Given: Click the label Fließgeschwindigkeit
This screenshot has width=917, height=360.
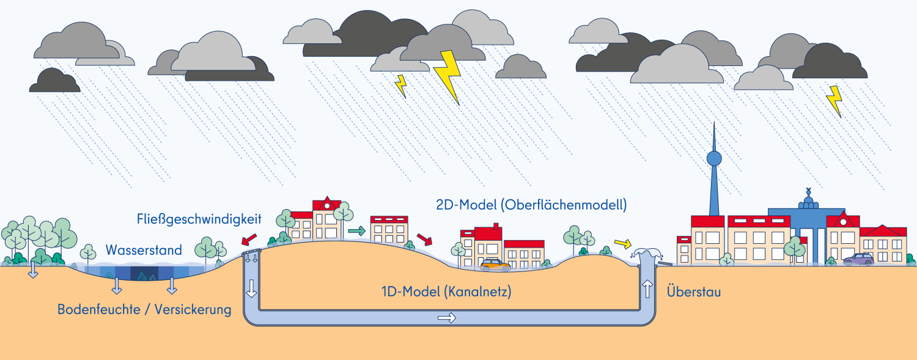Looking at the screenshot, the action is point(199,219).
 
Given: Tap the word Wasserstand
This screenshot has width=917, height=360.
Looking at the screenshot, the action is point(144,250).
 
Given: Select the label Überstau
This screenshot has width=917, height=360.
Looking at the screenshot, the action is point(694,292).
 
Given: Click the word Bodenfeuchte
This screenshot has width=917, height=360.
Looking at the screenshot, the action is point(98,309).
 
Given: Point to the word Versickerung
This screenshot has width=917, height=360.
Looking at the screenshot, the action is point(193,310).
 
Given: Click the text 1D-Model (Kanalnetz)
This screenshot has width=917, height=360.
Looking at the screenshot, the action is point(446,292).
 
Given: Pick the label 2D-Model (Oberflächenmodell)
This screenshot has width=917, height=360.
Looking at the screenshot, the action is point(531,205).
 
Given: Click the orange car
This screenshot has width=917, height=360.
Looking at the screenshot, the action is point(495,265).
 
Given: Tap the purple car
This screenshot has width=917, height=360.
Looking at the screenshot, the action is point(858,259).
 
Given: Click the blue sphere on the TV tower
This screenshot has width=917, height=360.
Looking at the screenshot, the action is point(715,158).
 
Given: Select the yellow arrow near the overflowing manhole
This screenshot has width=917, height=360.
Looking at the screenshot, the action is point(623,244).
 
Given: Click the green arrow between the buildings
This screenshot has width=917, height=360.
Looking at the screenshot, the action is point(356,231).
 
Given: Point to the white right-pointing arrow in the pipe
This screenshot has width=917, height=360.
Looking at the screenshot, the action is point(447,318).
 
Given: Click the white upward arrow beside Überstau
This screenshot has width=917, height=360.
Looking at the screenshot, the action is point(647,289).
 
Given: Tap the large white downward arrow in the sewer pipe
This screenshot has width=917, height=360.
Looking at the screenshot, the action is point(251,288).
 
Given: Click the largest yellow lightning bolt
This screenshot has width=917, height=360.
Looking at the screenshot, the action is point(448,77).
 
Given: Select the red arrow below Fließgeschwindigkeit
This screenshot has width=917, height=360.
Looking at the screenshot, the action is point(249,240).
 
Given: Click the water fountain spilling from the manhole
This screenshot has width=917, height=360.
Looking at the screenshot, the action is point(646,254).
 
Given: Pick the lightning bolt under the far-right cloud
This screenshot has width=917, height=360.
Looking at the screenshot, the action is point(834,101).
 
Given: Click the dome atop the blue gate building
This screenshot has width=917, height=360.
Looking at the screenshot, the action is point(808,201).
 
